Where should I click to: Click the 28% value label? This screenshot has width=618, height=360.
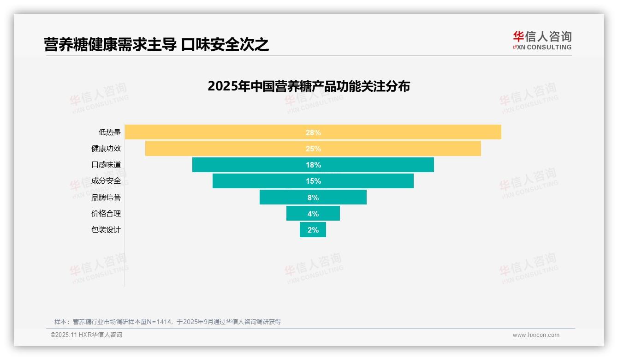(x=313, y=132)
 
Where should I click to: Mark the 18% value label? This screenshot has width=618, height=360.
(x=313, y=165)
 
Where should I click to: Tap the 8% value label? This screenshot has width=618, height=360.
(x=313, y=198)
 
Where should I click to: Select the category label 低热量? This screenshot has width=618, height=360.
(x=110, y=132)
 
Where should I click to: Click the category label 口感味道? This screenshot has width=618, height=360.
(x=106, y=165)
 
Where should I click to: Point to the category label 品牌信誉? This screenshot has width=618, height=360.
(x=106, y=197)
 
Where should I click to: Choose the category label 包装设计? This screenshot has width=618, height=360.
(x=106, y=229)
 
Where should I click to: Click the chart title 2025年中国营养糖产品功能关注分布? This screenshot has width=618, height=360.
(x=309, y=86)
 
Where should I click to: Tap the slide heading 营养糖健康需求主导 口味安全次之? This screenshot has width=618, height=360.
(x=156, y=45)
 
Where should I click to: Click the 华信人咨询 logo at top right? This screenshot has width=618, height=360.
(x=542, y=40)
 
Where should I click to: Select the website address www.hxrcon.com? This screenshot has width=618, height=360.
(x=536, y=335)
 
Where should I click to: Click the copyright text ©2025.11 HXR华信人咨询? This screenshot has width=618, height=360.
(x=86, y=335)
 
